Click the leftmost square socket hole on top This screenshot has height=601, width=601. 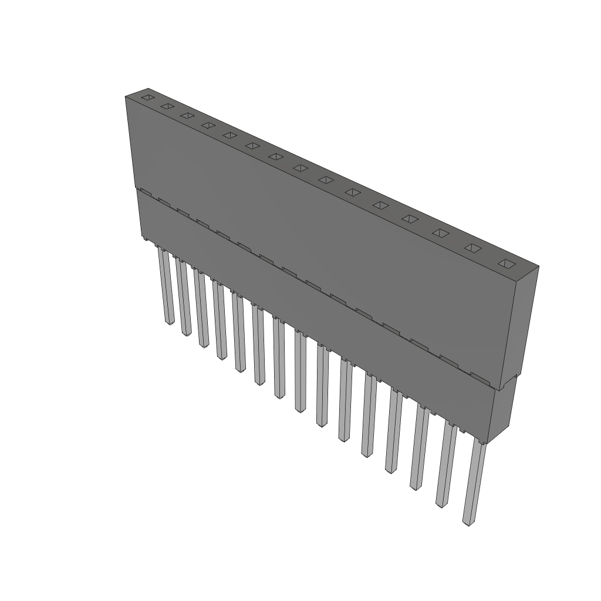pyautogui.click(x=147, y=97)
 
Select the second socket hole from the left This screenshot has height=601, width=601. pyautogui.click(x=167, y=106)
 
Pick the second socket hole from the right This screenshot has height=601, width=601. pyautogui.click(x=472, y=248)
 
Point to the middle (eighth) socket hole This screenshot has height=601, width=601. pyautogui.click(x=300, y=168)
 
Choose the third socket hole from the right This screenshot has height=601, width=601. pyautogui.click(x=441, y=233)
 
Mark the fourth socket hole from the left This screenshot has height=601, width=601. pyautogui.click(x=208, y=125)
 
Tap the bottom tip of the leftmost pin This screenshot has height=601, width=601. pyautogui.click(x=169, y=322)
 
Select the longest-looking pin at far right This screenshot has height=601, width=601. pyautogui.click(x=474, y=481)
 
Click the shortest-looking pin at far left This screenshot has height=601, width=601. pyautogui.click(x=166, y=288)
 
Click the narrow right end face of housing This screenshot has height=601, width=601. pyautogui.click(x=522, y=323)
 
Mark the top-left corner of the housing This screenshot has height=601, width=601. pyautogui.click(x=126, y=97)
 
